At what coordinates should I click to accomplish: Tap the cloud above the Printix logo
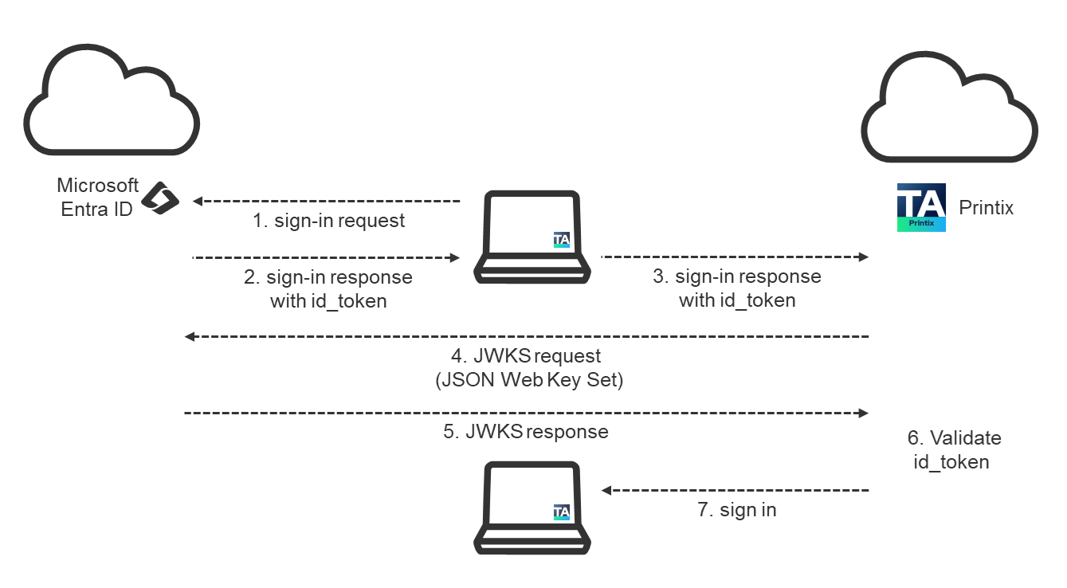point(949,112)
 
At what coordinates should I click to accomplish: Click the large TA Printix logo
point(921,207)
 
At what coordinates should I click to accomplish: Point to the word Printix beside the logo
point(986,208)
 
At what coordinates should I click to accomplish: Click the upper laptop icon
point(532,237)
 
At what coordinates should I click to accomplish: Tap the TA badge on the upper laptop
point(562,239)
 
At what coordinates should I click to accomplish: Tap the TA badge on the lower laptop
point(562,512)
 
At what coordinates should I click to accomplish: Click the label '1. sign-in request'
point(329,221)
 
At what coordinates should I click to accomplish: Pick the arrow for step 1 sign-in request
point(327,202)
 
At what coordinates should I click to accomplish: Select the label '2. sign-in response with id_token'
point(328,288)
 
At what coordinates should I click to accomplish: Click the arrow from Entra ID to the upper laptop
point(327,258)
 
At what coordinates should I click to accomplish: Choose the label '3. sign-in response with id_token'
point(737,288)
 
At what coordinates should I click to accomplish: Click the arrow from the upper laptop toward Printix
point(734,257)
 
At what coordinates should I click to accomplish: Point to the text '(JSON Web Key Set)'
point(529,380)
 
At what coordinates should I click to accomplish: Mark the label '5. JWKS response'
point(526,432)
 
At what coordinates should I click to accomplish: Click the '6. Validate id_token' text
point(953,449)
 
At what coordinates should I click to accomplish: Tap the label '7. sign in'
point(737,510)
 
